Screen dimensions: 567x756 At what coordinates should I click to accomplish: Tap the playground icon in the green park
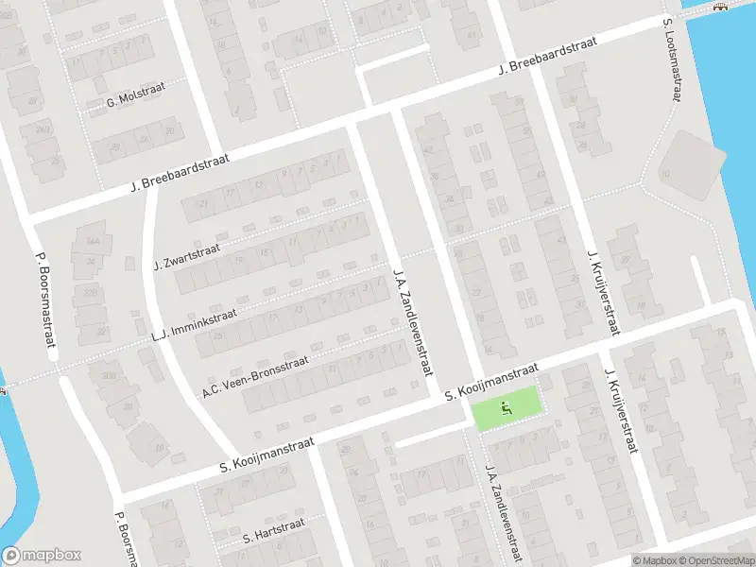click(506, 410)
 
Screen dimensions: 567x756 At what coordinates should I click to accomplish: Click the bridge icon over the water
click(721, 8)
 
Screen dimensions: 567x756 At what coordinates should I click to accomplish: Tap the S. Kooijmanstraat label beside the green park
click(491, 381)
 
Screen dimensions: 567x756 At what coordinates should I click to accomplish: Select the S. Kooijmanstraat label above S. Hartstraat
click(266, 456)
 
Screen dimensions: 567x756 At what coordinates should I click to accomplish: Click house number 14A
click(91, 241)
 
